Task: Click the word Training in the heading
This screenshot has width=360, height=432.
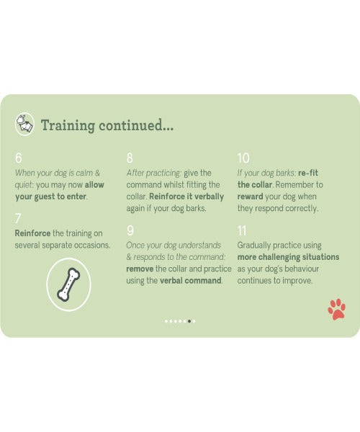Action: click(x=68, y=125)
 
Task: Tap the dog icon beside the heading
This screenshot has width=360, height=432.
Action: click(x=24, y=124)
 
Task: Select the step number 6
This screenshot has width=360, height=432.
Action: click(x=19, y=158)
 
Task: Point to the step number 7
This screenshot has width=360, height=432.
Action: click(x=18, y=219)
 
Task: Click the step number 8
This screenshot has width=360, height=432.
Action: click(x=130, y=158)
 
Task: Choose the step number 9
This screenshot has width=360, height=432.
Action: click(x=130, y=230)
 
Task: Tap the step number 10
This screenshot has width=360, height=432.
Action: click(x=243, y=158)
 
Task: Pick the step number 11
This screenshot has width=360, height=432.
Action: click(x=242, y=230)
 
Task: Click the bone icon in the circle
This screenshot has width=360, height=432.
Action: click(x=68, y=284)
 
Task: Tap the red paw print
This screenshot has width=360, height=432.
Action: click(x=336, y=309)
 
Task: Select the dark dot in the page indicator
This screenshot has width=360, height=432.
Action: click(x=189, y=321)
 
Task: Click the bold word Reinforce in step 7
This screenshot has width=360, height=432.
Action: click(x=32, y=233)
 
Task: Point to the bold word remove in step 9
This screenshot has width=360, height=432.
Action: click(x=140, y=269)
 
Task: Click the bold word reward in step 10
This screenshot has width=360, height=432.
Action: click(x=250, y=197)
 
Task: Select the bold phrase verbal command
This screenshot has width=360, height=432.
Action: click(x=191, y=281)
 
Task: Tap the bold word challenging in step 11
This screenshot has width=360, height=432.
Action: click(x=279, y=257)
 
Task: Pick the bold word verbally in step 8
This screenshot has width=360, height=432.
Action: click(x=209, y=197)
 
